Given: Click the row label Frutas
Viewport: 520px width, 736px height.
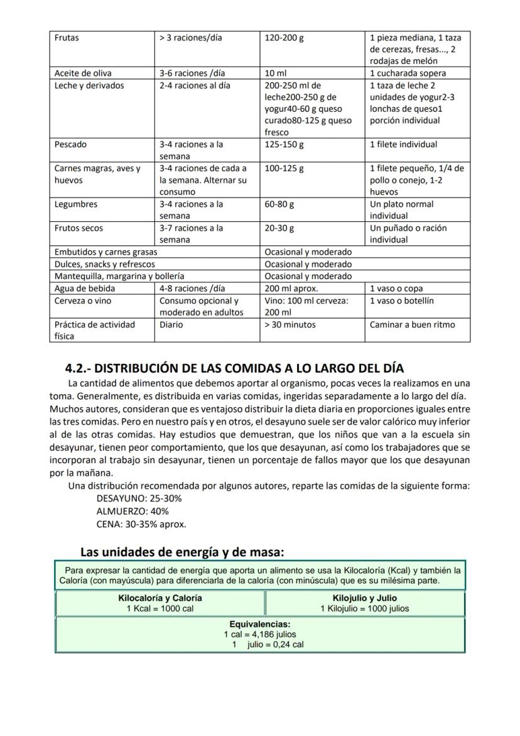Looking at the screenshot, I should (x=67, y=38).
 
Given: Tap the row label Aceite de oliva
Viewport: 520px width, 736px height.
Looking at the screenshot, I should (x=83, y=73).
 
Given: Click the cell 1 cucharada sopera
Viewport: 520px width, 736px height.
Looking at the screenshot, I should (x=408, y=73).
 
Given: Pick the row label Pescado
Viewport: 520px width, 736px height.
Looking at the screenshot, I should (x=71, y=145).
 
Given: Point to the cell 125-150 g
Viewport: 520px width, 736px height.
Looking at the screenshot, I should (x=284, y=145).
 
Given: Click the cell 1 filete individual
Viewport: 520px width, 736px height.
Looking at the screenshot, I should (x=403, y=145).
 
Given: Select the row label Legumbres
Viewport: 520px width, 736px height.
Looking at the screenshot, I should (x=76, y=204).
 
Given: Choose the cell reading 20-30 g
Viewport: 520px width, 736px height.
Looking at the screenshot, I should (x=279, y=228).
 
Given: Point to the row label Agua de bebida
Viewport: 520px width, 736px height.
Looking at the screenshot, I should (x=85, y=288).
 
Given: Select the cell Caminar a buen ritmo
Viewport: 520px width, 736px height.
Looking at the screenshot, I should (x=413, y=324).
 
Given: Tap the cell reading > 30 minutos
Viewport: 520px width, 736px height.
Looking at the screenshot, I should (x=290, y=324).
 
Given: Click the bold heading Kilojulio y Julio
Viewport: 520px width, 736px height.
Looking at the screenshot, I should (x=365, y=598).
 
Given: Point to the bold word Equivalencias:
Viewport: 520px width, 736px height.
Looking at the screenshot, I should (x=260, y=624).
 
